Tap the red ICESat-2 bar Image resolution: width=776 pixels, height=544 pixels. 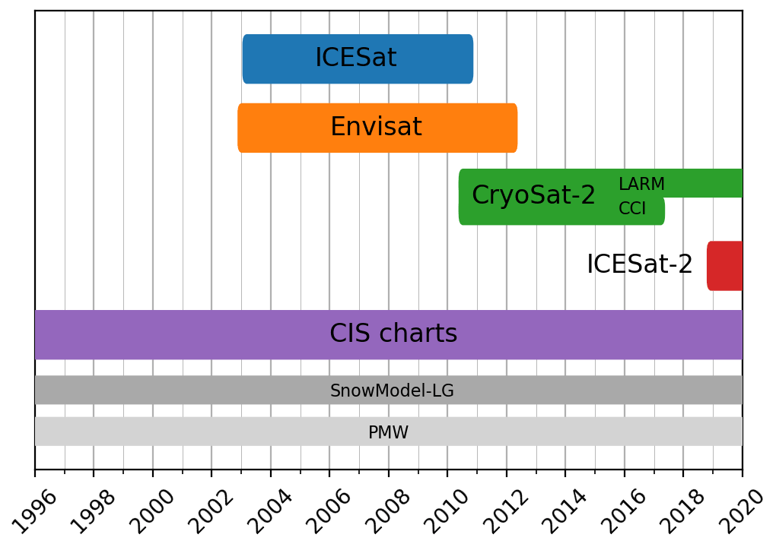[724, 266]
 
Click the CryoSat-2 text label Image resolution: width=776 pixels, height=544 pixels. [533, 196]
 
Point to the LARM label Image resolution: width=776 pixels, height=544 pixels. [641, 185]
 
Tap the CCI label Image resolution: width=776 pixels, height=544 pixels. [631, 209]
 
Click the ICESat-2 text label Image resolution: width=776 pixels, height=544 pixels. [639, 265]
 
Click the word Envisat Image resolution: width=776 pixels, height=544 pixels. [376, 128]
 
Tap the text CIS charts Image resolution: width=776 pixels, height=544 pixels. [393, 334]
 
